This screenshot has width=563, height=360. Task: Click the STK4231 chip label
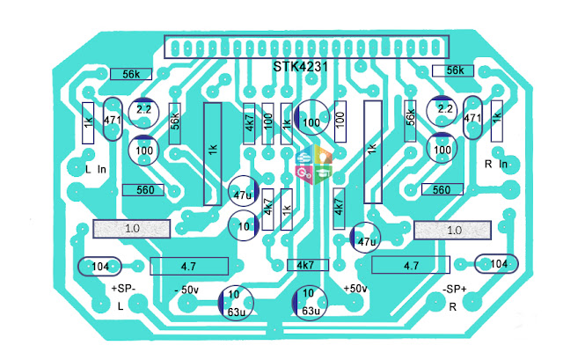300,67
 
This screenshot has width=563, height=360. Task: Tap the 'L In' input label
96,169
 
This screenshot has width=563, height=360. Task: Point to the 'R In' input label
496,165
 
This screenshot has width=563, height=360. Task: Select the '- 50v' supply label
186,290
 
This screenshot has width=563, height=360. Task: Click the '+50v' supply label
355,289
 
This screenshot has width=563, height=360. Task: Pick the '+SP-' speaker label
123,289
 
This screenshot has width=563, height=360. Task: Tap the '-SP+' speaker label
455,290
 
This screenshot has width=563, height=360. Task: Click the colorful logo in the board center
314,165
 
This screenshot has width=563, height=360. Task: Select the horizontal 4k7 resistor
308,265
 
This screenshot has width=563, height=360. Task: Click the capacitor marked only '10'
244,225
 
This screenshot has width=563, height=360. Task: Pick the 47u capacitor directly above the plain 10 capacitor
244,191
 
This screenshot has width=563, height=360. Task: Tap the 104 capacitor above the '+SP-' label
99,267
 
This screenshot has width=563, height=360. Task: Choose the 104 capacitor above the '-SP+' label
496,264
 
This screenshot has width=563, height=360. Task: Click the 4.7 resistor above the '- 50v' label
189,266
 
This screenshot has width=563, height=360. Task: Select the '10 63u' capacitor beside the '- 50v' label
236,303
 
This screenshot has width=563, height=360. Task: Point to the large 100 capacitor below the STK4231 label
311,117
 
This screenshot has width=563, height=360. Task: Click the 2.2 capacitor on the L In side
143,113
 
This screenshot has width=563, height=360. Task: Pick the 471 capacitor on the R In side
472,117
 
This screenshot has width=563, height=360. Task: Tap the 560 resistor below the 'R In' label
442,189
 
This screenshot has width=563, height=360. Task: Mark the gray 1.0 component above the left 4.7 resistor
131,229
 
